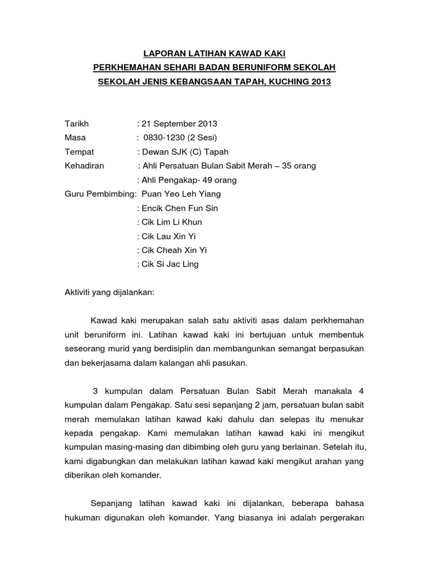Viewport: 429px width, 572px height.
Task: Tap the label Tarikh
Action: point(77,123)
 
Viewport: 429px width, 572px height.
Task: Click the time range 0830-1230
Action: point(165,137)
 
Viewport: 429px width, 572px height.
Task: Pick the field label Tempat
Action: point(79,152)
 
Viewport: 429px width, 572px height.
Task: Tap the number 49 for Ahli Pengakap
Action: point(208,180)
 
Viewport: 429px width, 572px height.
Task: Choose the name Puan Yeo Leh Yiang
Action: point(181,194)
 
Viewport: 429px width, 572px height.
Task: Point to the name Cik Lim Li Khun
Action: point(172,222)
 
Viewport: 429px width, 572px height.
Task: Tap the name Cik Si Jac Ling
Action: point(170,264)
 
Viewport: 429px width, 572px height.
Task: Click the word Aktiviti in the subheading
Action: point(79,292)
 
